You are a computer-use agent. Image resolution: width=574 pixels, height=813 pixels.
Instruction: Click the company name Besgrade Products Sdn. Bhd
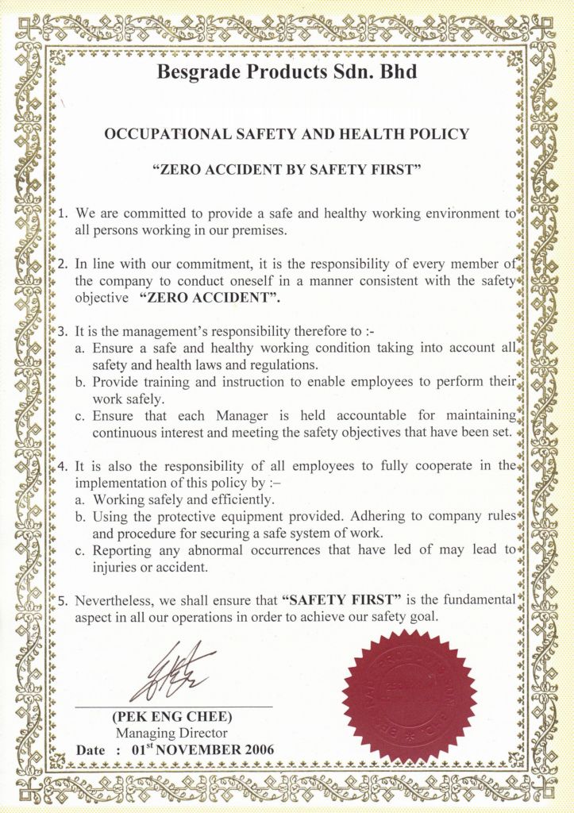point(287,73)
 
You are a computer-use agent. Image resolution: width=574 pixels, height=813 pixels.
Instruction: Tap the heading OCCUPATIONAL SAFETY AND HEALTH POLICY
point(287,134)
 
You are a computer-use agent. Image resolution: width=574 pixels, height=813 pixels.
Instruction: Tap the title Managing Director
point(171,733)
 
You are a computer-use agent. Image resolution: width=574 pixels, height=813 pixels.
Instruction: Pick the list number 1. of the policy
point(64,214)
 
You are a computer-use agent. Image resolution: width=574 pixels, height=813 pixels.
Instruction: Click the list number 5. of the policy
point(64,599)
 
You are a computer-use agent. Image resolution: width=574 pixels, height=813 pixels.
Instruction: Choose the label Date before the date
point(91,749)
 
